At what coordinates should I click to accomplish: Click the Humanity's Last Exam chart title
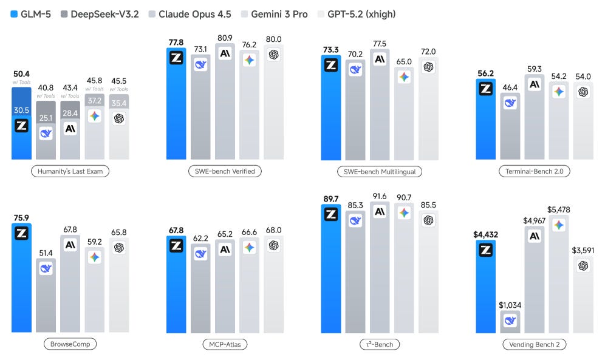[70, 171]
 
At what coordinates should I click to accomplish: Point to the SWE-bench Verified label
[225, 171]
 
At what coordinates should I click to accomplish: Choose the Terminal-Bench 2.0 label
[534, 171]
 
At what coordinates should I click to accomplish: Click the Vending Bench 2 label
[534, 344]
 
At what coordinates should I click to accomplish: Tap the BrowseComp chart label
[70, 344]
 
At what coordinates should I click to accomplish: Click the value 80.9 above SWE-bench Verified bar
[225, 36]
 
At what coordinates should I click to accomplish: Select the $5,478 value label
[559, 209]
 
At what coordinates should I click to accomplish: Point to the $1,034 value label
[509, 305]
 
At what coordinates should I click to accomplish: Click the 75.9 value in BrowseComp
[21, 216]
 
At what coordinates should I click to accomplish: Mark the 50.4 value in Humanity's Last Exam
[21, 74]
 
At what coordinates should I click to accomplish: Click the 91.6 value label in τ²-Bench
[379, 195]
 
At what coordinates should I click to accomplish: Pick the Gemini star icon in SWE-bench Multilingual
[404, 77]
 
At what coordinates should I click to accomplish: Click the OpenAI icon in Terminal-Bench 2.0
[583, 92]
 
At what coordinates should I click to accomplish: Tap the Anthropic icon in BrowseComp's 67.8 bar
[70, 245]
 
